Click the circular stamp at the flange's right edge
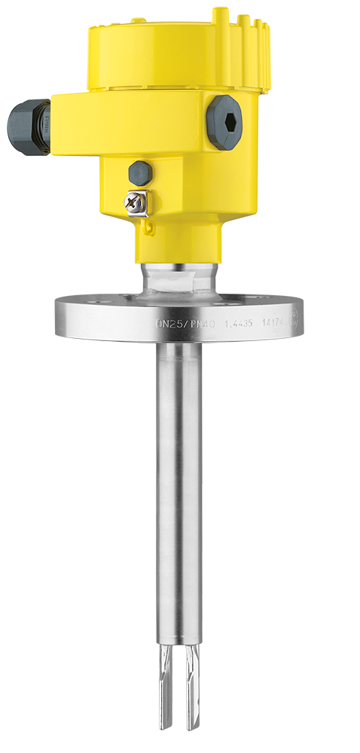pos(296,316)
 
